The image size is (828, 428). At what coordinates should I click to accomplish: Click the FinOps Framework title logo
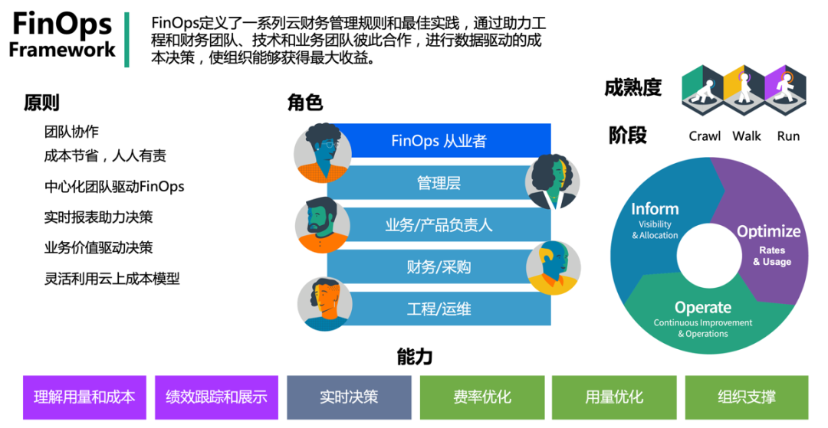(x=62, y=36)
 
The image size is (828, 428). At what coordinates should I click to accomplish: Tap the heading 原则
(x=41, y=103)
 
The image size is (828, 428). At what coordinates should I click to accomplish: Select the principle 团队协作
(x=71, y=132)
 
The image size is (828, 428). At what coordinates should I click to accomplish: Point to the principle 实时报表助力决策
(x=98, y=217)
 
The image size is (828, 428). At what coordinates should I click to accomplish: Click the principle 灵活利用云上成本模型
(x=112, y=279)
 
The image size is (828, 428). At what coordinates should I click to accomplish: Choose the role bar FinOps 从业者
(x=439, y=141)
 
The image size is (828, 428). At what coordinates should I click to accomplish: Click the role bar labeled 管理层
(x=439, y=183)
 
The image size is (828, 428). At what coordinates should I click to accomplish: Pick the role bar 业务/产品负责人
(x=439, y=225)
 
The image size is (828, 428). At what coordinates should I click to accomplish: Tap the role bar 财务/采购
(x=439, y=266)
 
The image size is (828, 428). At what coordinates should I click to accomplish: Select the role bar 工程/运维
(x=439, y=309)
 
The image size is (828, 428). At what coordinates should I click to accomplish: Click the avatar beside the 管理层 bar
(x=552, y=182)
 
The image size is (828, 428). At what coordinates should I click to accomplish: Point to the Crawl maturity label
(x=705, y=136)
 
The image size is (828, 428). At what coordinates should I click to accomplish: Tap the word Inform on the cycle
(x=655, y=209)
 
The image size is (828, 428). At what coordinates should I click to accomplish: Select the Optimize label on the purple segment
(x=768, y=231)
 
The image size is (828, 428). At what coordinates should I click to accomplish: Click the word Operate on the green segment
(x=702, y=308)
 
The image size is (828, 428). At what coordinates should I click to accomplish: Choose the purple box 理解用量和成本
(x=85, y=397)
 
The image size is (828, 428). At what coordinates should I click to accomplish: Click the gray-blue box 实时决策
(x=349, y=397)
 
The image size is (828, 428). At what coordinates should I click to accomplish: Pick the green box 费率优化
(x=481, y=397)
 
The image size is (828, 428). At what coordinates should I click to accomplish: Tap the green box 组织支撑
(x=746, y=397)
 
